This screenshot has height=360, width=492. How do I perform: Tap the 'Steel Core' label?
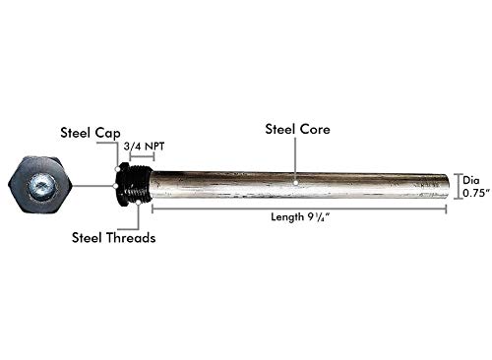coord(296,129)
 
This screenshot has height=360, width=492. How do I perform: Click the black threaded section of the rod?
coord(136,185)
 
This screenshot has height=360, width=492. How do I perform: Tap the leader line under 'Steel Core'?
coord(296,157)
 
